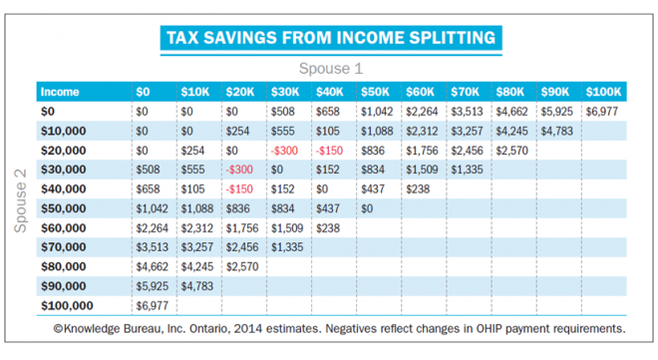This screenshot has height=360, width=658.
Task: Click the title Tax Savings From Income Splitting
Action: (329, 39)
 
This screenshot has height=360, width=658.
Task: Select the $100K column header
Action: (604, 92)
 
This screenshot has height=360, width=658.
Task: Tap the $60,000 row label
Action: (63, 227)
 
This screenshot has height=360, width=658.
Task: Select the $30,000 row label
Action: (63, 170)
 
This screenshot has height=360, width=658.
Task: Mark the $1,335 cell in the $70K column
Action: (469, 170)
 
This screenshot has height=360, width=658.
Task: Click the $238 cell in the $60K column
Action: (419, 188)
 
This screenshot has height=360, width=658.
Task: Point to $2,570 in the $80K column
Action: (513, 151)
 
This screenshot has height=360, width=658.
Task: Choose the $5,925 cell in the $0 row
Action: (558, 112)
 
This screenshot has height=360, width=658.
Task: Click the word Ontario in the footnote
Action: (208, 327)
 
